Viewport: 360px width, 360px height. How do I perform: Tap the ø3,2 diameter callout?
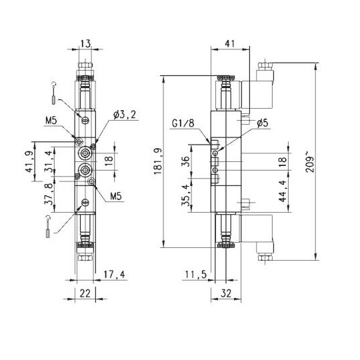coord(125,115)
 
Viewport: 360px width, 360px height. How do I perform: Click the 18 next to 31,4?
coord(109,161)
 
